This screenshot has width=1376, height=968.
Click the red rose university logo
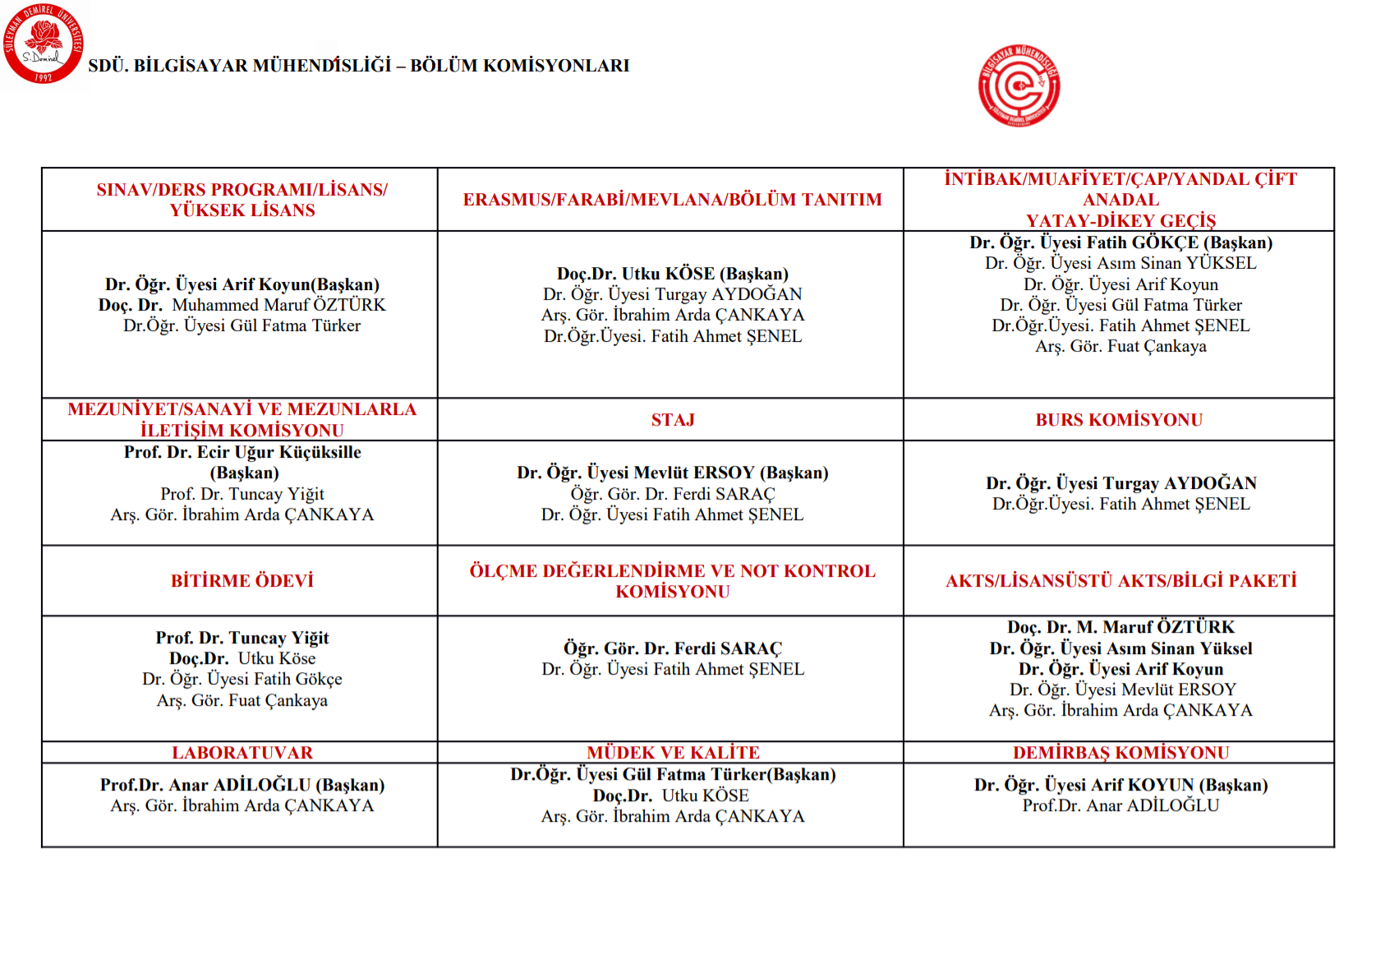pos(43,43)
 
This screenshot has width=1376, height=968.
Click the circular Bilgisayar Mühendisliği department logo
pos(1019,85)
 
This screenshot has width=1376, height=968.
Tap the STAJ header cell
pos(673,420)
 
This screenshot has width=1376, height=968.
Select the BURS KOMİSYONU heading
pos(1119,420)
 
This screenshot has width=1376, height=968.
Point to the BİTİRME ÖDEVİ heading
pos(242,581)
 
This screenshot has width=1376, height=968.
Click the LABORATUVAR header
pos(242,753)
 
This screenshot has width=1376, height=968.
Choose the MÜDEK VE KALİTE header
pos(673,753)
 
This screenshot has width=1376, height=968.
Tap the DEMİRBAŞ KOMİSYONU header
pos(1121,753)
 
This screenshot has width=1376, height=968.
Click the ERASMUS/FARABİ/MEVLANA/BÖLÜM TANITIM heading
pos(672,200)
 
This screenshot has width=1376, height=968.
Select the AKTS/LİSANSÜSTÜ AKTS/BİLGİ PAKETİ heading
pos(1121,581)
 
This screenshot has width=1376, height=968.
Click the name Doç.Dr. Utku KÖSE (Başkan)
pos(672,274)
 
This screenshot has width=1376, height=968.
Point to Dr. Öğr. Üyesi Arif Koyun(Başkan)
pos(242,284)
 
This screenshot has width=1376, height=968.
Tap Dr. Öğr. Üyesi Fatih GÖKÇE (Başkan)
pos(1121,242)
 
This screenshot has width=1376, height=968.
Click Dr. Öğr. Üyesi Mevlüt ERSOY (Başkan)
pos(672,472)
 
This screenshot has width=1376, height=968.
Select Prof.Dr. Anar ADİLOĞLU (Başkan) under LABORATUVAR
pos(242,785)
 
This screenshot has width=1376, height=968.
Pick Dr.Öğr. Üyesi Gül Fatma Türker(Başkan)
pos(672,774)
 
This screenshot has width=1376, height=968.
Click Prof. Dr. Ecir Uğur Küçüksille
pos(242,452)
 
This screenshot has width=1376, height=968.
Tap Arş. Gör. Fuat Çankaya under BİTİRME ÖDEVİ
pos(242,700)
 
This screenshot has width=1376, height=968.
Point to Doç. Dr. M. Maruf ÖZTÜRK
pos(1121,627)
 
